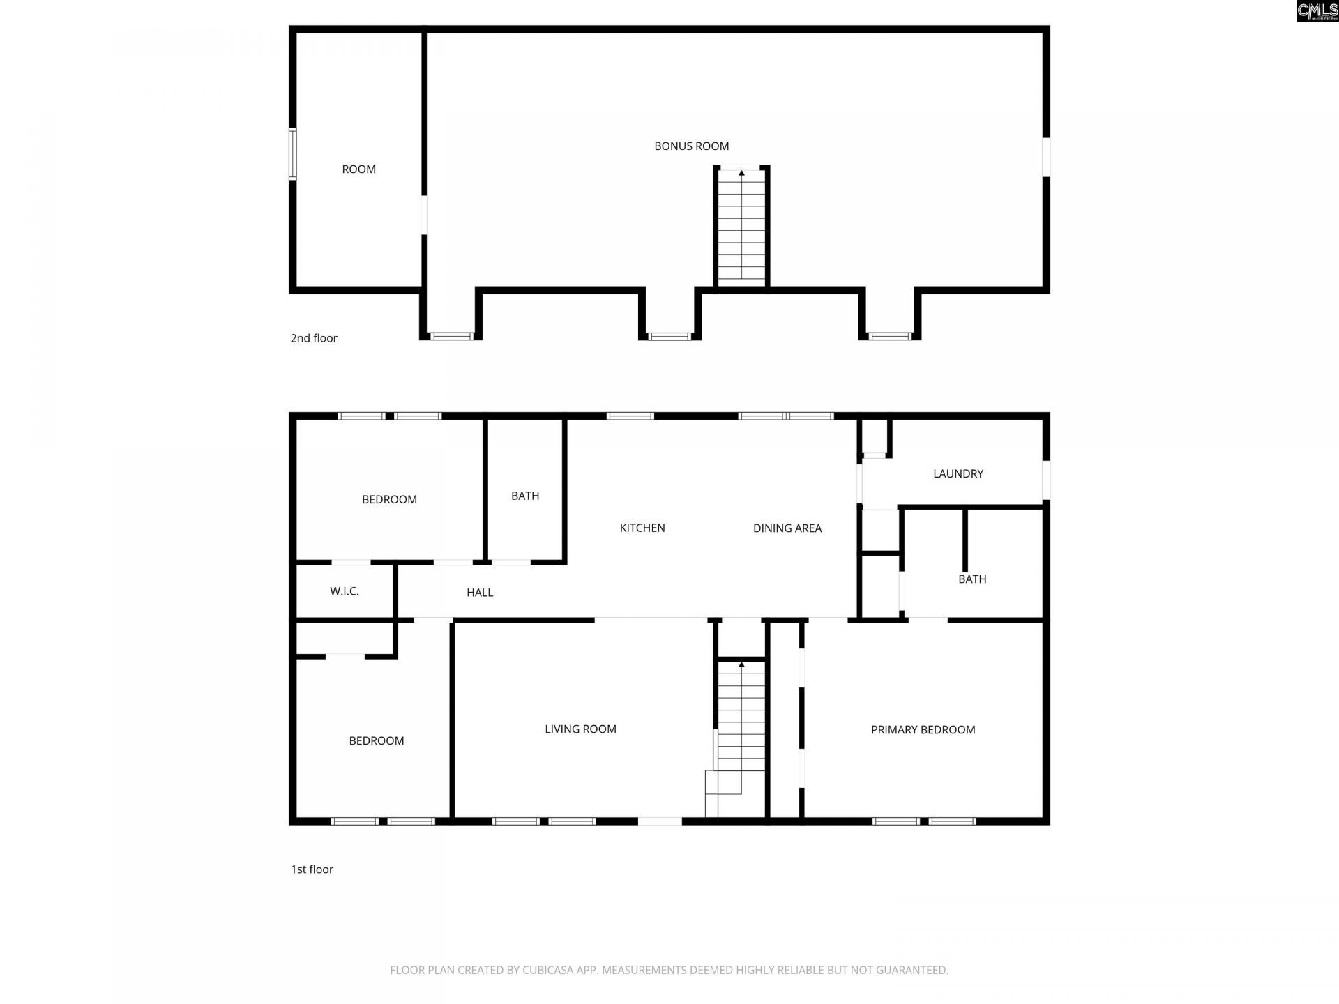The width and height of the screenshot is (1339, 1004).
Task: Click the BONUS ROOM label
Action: pos(691,146)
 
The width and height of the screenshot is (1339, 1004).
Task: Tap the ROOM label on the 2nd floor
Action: pos(358,169)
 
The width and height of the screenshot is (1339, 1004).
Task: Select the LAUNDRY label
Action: pos(958,474)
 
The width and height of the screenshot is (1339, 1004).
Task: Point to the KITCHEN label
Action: pos(642,528)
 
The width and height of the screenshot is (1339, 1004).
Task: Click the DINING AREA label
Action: pos(787,528)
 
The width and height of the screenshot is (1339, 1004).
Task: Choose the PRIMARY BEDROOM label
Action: pos(923,730)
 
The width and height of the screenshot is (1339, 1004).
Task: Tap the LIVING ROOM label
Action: pos(580,729)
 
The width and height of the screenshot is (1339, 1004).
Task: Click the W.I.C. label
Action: pos(345,592)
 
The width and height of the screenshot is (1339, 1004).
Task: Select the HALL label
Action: pos(480,593)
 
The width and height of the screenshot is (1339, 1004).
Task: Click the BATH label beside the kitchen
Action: pos(525,496)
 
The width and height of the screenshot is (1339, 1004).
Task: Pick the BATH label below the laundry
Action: pos(972,579)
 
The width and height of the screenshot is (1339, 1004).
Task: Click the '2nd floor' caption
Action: pos(314,338)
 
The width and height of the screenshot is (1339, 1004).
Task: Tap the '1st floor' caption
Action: pos(312,869)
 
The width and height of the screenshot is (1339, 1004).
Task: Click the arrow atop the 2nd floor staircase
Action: pos(741,173)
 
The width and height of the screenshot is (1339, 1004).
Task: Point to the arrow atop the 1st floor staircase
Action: pos(741,665)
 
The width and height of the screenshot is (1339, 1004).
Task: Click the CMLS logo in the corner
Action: pos(1317,11)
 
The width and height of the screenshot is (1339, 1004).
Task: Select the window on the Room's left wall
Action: pos(293,154)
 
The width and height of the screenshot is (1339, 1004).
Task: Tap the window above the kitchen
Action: pos(630,416)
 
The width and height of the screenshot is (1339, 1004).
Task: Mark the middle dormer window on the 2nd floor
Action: pos(669,337)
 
